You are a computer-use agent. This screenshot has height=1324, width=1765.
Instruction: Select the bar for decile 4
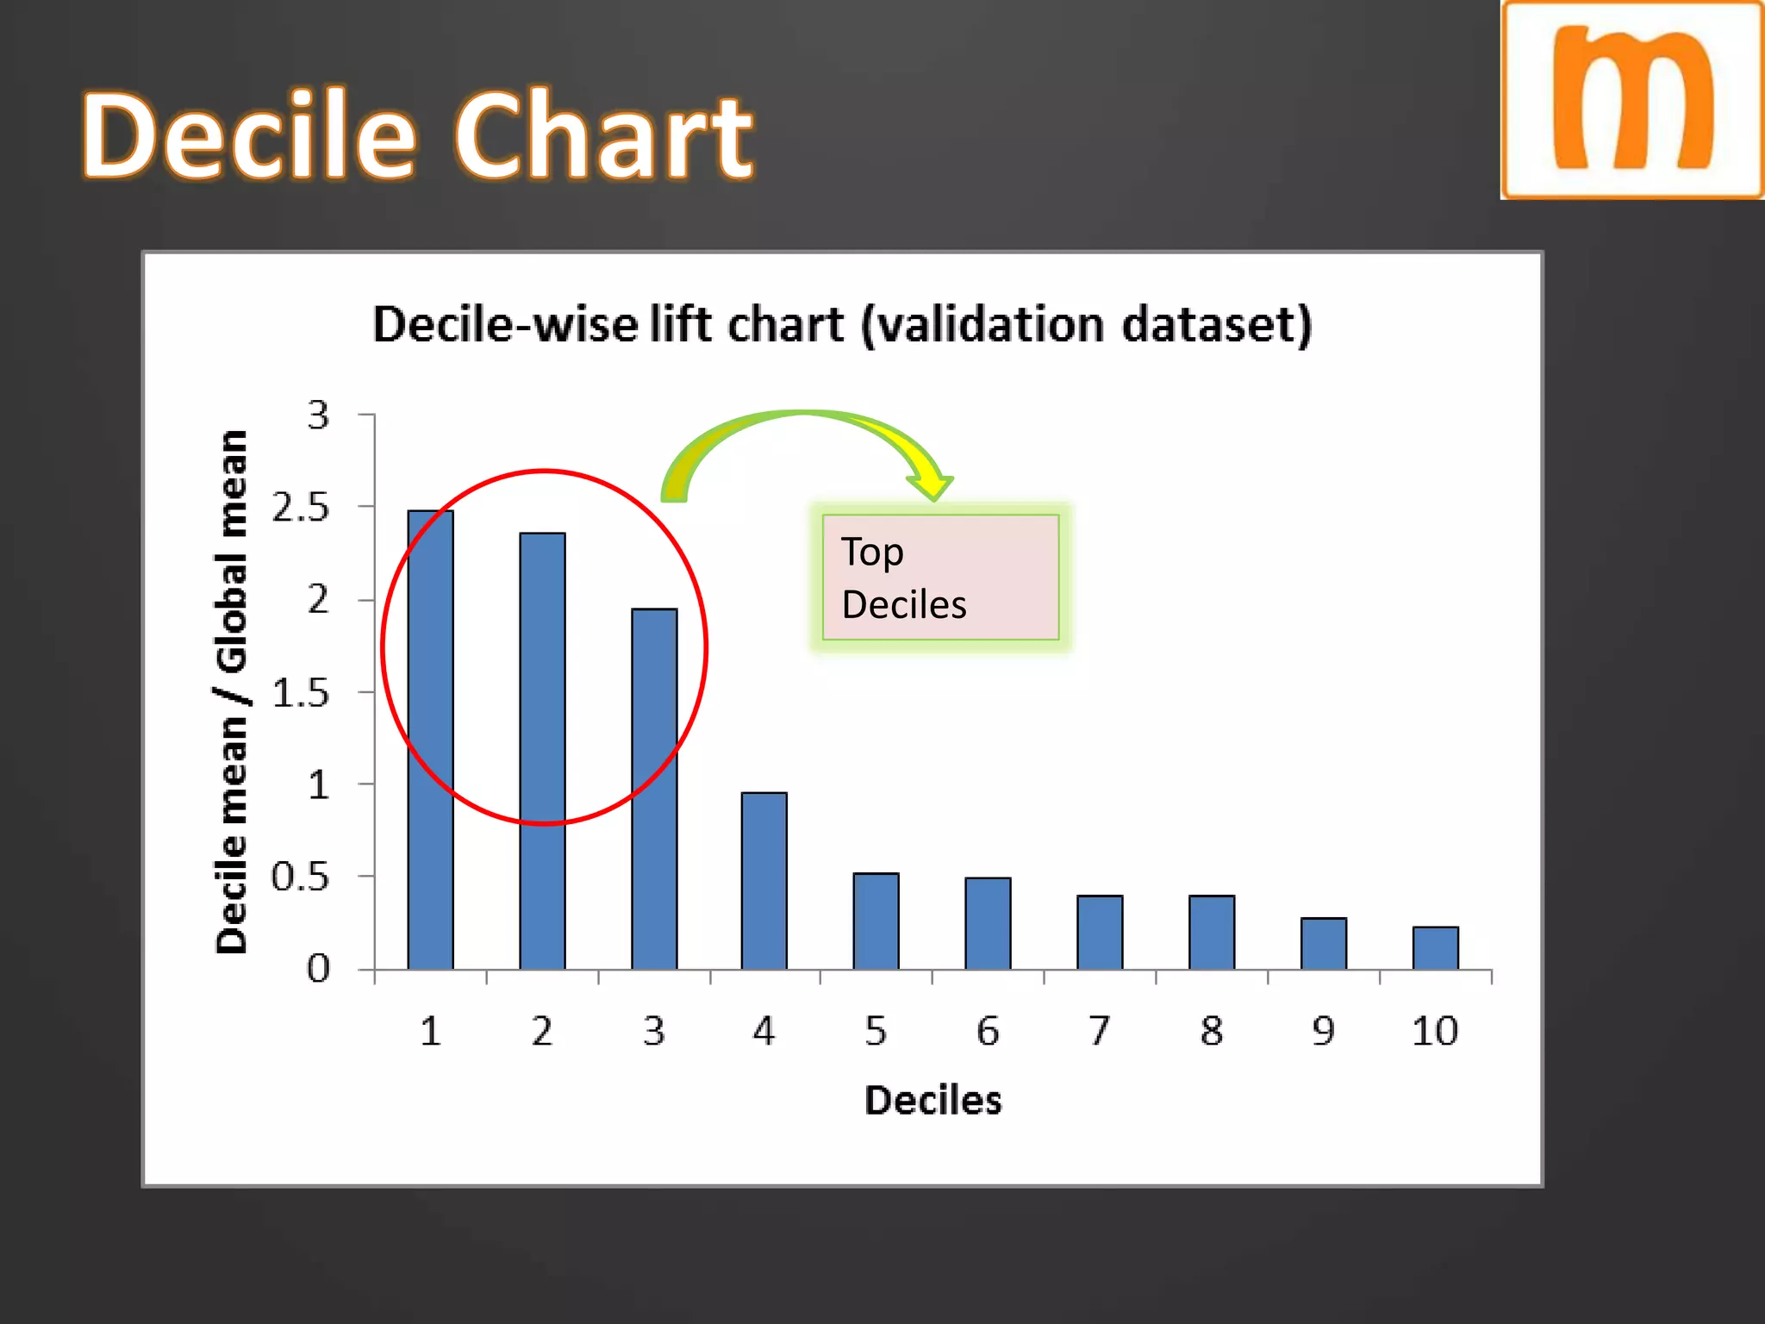pos(764,881)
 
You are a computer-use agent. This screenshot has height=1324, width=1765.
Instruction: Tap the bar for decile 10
pos(1435,948)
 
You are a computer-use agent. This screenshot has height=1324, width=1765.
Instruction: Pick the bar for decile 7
pos(1100,933)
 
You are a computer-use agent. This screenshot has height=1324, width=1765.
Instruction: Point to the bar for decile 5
pos(876,921)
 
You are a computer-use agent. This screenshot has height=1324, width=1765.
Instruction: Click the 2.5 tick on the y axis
pos(300,508)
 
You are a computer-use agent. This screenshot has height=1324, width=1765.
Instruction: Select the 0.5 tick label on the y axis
pos(300,877)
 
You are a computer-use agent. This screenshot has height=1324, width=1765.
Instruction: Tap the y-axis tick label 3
pos(318,415)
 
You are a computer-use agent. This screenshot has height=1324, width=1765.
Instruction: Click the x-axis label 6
pos(988,1031)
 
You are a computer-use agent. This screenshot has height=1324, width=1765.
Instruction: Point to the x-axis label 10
pos(1434,1031)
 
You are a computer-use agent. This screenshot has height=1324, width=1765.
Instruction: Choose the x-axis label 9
pos(1323,1031)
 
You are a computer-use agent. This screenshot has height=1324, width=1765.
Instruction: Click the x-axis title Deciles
pos(932,1101)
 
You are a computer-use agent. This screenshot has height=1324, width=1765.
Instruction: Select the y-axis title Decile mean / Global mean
pos(231,691)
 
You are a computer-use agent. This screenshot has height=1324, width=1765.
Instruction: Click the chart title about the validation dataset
pos(842,325)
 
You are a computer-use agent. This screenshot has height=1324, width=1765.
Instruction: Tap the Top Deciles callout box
pos(939,578)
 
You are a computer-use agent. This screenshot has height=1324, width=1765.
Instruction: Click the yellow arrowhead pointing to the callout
pos(931,484)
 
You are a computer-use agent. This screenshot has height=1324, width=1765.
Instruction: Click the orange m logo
pos(1632,99)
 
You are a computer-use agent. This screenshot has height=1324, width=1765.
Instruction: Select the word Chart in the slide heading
pos(603,136)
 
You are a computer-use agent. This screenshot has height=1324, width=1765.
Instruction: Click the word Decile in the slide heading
pos(250,136)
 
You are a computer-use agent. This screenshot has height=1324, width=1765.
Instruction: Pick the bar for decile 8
pos(1211,933)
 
